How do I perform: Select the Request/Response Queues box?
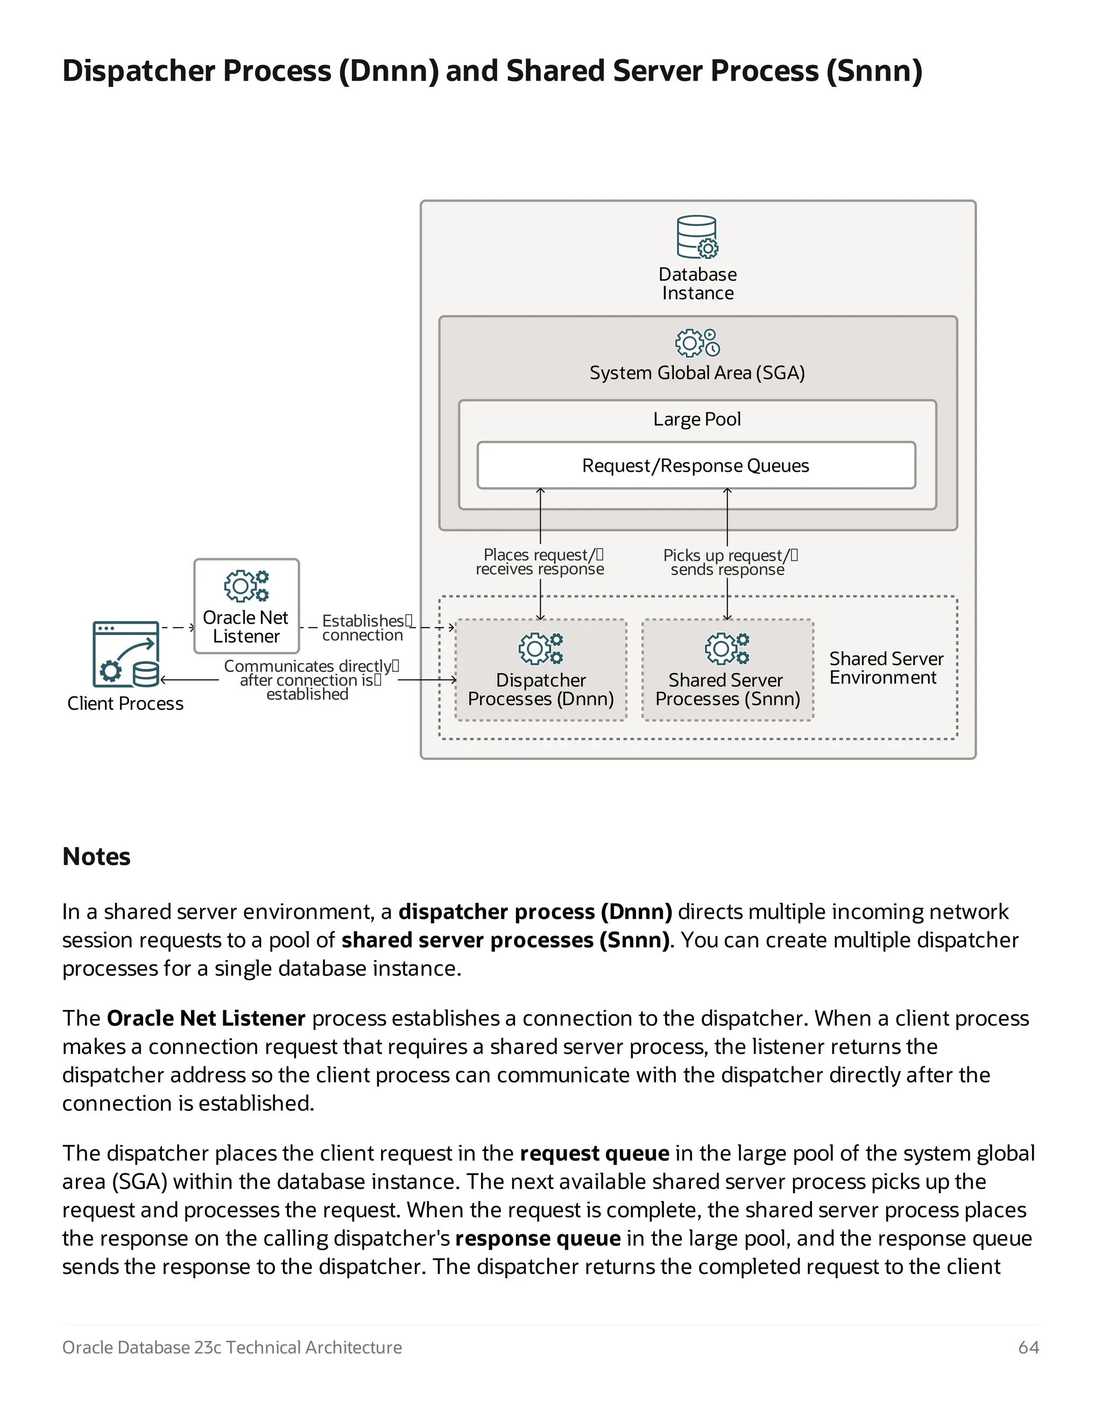(x=695, y=465)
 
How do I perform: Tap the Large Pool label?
(x=697, y=419)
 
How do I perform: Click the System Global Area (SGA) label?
(x=697, y=373)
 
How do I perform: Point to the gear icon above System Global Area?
(x=697, y=343)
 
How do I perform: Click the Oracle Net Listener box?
(x=246, y=606)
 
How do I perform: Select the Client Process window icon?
(x=126, y=654)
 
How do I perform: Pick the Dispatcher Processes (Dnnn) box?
(x=541, y=670)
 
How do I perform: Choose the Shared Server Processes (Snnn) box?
(x=727, y=670)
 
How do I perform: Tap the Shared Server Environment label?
(x=885, y=668)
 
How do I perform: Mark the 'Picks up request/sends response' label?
(x=729, y=562)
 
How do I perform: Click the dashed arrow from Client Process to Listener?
(x=177, y=628)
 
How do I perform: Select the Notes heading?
(x=97, y=857)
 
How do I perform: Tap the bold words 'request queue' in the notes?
(x=594, y=1153)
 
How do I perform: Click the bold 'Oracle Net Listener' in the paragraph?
(x=206, y=1018)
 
